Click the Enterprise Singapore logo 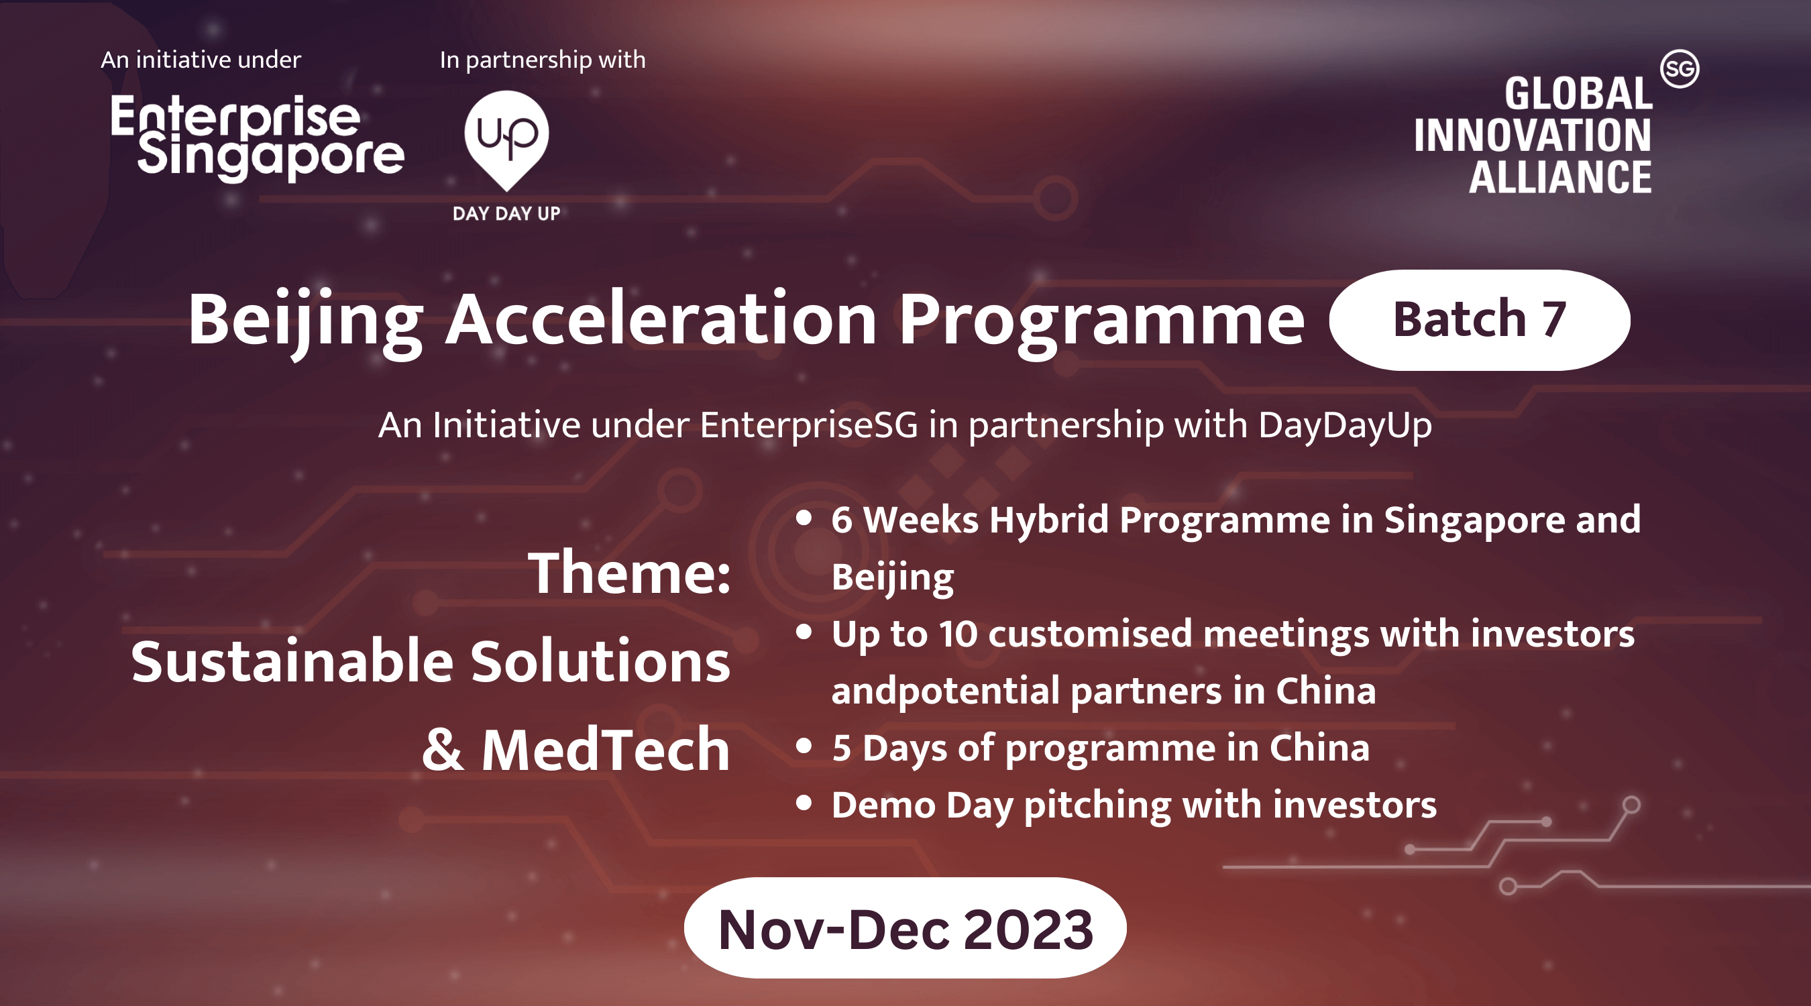(x=258, y=137)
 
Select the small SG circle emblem (x=1680, y=69)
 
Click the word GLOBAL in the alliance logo (x=1578, y=93)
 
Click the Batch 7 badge (x=1479, y=320)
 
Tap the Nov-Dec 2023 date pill (x=905, y=928)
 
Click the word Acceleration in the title (x=661, y=320)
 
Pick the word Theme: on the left (x=629, y=573)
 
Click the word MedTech (x=605, y=749)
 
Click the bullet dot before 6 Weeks (x=804, y=518)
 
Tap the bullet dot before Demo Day (x=804, y=803)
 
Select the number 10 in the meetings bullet (x=958, y=634)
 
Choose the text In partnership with (x=542, y=60)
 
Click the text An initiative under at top (x=201, y=60)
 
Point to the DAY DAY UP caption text (x=506, y=214)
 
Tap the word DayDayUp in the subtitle (x=1344, y=426)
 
